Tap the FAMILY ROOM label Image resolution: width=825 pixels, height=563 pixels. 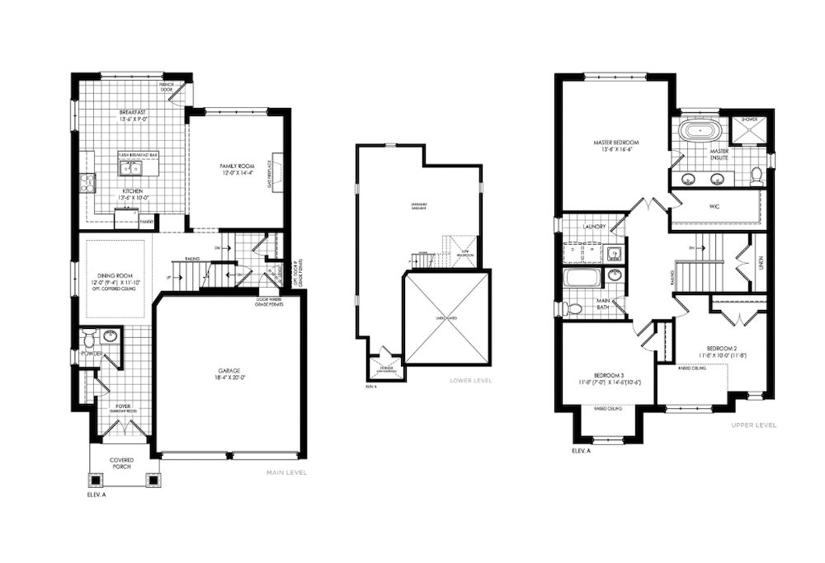(x=235, y=167)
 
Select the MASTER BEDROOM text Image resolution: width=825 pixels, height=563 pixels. (x=615, y=142)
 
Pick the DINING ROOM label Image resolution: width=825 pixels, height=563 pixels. (x=115, y=276)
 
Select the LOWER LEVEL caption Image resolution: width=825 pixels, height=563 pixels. (x=471, y=381)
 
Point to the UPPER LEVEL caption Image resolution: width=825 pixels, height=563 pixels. (x=754, y=425)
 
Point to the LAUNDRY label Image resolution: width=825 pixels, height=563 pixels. (x=594, y=226)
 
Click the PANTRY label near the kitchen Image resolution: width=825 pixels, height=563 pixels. (x=146, y=222)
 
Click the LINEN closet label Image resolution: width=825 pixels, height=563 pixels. (x=760, y=263)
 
